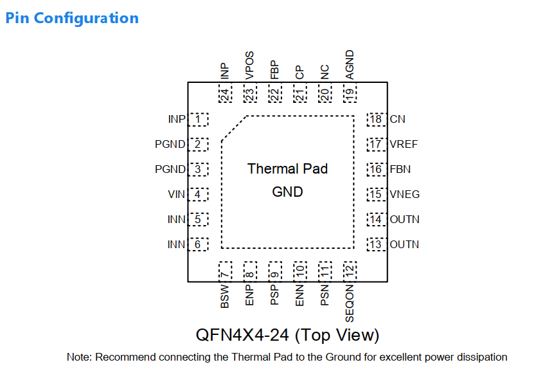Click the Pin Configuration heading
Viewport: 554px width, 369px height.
72,19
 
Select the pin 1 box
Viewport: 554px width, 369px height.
198,120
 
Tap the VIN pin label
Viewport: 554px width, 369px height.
176,194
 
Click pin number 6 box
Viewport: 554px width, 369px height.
198,244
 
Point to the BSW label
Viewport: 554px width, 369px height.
225,296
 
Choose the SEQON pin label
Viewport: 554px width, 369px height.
350,303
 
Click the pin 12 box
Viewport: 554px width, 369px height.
350,271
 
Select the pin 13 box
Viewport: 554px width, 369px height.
377,244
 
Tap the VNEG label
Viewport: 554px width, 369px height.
404,194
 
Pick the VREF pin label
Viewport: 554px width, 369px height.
404,144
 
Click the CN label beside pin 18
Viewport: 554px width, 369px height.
397,119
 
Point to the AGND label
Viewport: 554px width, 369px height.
350,65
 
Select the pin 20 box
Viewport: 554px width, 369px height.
325,93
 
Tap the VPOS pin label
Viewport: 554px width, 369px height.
249,66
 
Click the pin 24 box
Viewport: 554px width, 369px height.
225,93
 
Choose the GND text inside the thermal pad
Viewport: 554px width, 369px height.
287,192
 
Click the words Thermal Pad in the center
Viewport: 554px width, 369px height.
287,169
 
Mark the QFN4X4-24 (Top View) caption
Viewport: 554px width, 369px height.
287,335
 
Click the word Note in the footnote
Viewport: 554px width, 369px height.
79,357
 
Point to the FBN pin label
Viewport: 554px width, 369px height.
400,169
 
